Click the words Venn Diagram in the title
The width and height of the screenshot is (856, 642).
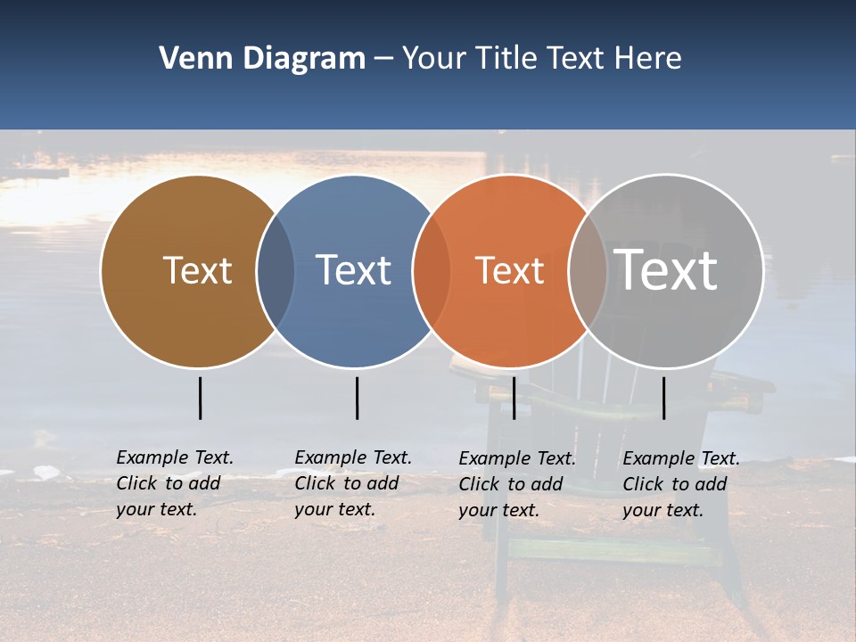click(262, 59)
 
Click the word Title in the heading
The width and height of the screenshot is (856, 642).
click(508, 59)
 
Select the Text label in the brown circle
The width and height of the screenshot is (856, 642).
click(197, 270)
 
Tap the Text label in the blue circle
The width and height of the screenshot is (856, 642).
click(353, 270)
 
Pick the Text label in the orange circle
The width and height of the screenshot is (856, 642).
click(509, 270)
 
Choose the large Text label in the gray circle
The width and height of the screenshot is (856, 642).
click(666, 269)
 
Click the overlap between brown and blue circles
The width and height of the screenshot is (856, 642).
click(276, 271)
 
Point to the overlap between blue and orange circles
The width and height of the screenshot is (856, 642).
click(432, 271)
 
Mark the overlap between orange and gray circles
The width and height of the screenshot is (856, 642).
click(588, 271)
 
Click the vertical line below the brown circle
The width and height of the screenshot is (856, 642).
click(200, 398)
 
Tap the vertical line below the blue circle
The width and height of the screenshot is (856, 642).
click(357, 398)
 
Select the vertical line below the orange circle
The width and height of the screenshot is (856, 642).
click(514, 398)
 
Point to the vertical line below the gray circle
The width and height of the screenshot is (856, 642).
click(663, 398)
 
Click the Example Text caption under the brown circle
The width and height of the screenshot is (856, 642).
click(175, 483)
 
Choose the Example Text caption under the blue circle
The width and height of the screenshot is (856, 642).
click(353, 483)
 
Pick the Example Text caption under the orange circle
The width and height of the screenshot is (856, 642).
click(517, 484)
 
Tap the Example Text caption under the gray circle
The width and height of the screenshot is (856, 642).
click(681, 484)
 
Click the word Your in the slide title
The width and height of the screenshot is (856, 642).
click(435, 59)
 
